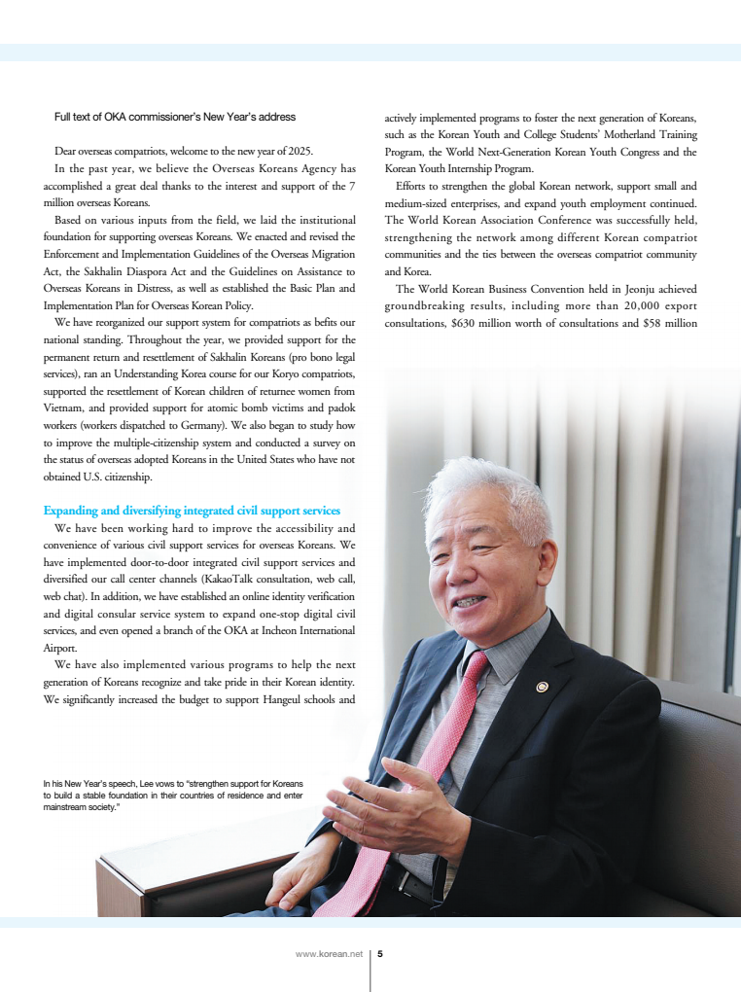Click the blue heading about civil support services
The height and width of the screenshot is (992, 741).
(x=192, y=511)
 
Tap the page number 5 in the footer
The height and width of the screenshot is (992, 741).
(x=380, y=954)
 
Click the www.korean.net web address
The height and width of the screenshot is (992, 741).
(x=329, y=954)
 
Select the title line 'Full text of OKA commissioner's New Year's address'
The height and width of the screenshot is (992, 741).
(x=175, y=118)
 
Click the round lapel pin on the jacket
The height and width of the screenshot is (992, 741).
(x=543, y=688)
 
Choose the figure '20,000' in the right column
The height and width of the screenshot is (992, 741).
(x=615, y=305)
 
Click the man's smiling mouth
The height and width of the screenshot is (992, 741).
(x=468, y=603)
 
